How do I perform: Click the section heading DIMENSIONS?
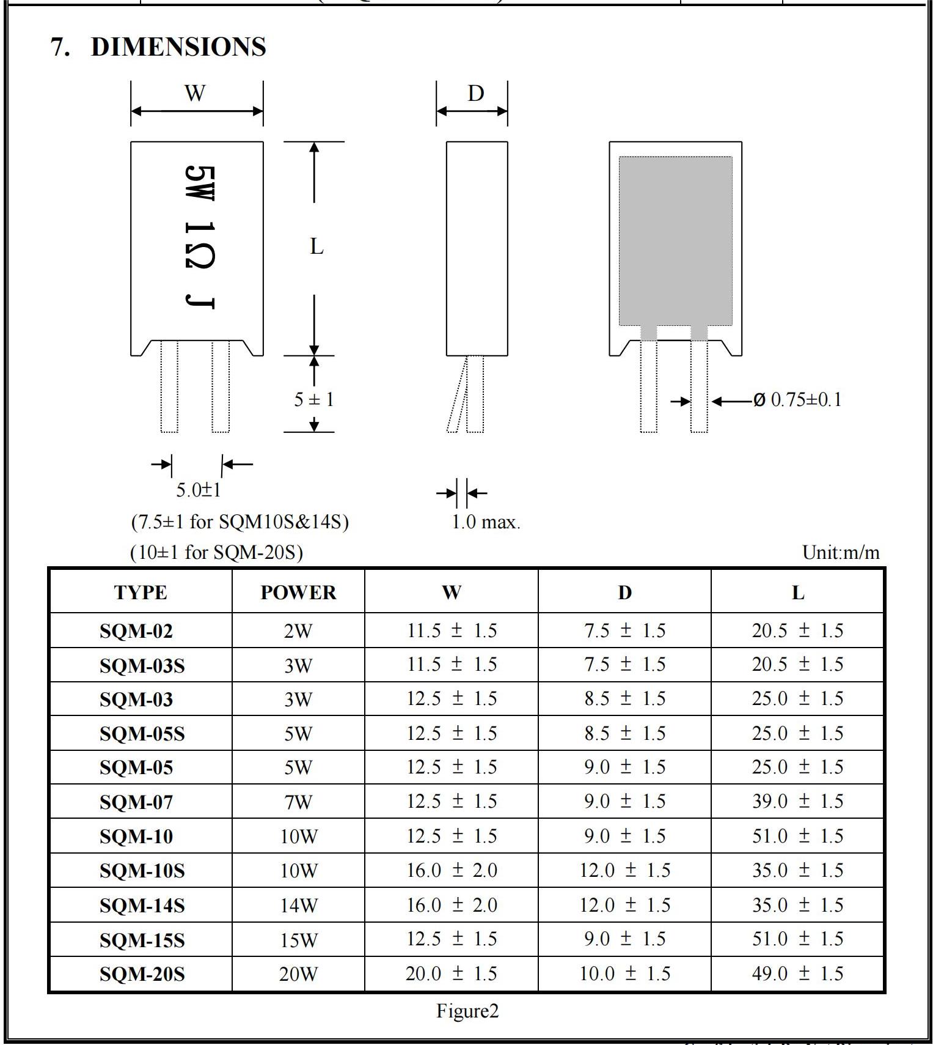click(x=178, y=47)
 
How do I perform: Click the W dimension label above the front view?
click(x=195, y=93)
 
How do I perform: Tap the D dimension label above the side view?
click(x=476, y=93)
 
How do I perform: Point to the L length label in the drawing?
click(x=316, y=246)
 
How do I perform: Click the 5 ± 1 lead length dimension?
click(x=314, y=399)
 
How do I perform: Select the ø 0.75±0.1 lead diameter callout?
click(x=797, y=400)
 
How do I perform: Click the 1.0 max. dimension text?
click(x=486, y=522)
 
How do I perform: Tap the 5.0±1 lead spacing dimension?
click(x=199, y=490)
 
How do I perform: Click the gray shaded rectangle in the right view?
click(x=675, y=241)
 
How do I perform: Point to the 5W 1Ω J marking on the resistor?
click(x=199, y=237)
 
